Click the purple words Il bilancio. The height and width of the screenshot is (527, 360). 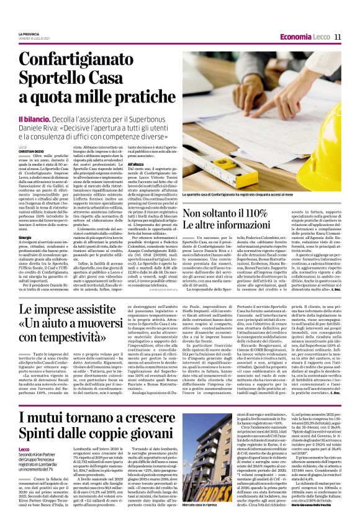[x=36, y=119]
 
